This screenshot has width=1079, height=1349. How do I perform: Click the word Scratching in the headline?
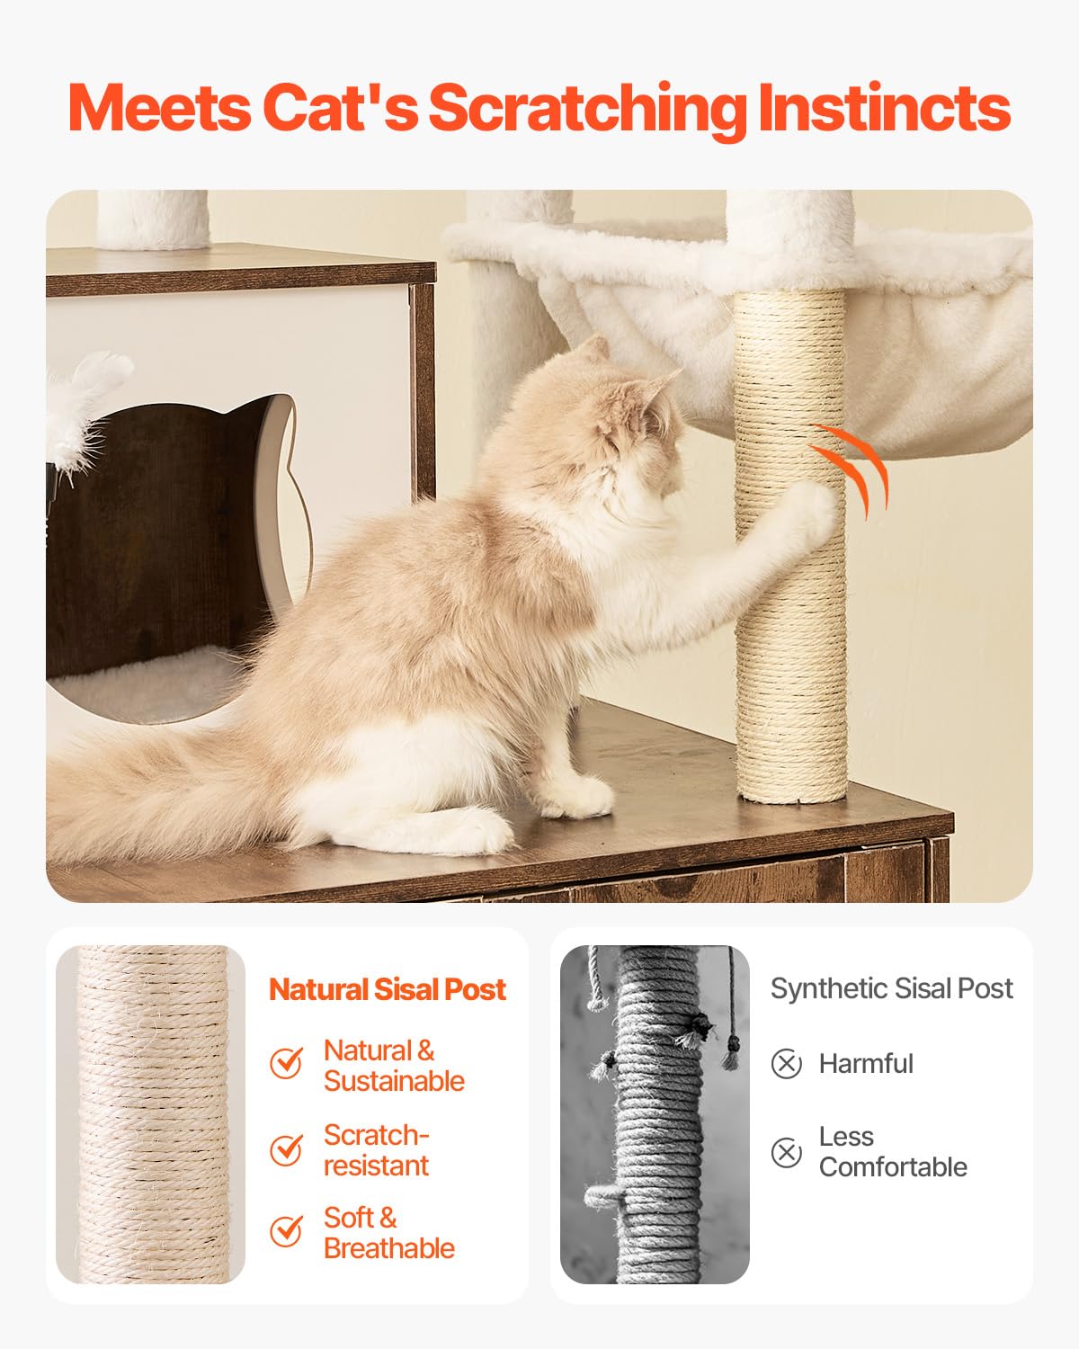click(586, 109)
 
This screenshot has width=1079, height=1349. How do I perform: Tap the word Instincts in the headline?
click(884, 109)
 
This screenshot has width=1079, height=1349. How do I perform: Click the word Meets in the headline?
click(159, 109)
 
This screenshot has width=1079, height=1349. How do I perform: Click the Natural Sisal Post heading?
click(388, 989)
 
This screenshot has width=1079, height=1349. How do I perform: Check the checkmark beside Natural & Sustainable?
click(286, 1063)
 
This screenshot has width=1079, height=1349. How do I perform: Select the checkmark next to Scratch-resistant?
click(286, 1149)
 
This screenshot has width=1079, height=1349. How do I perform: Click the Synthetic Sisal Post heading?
click(891, 988)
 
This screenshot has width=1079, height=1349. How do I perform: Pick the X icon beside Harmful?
click(786, 1064)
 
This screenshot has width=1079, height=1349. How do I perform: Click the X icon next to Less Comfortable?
click(786, 1152)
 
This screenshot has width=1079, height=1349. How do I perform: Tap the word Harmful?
click(865, 1064)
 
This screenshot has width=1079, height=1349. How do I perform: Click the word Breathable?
click(389, 1248)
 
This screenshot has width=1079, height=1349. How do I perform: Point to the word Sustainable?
click(394, 1081)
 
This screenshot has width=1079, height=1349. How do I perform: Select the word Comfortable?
click(893, 1167)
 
